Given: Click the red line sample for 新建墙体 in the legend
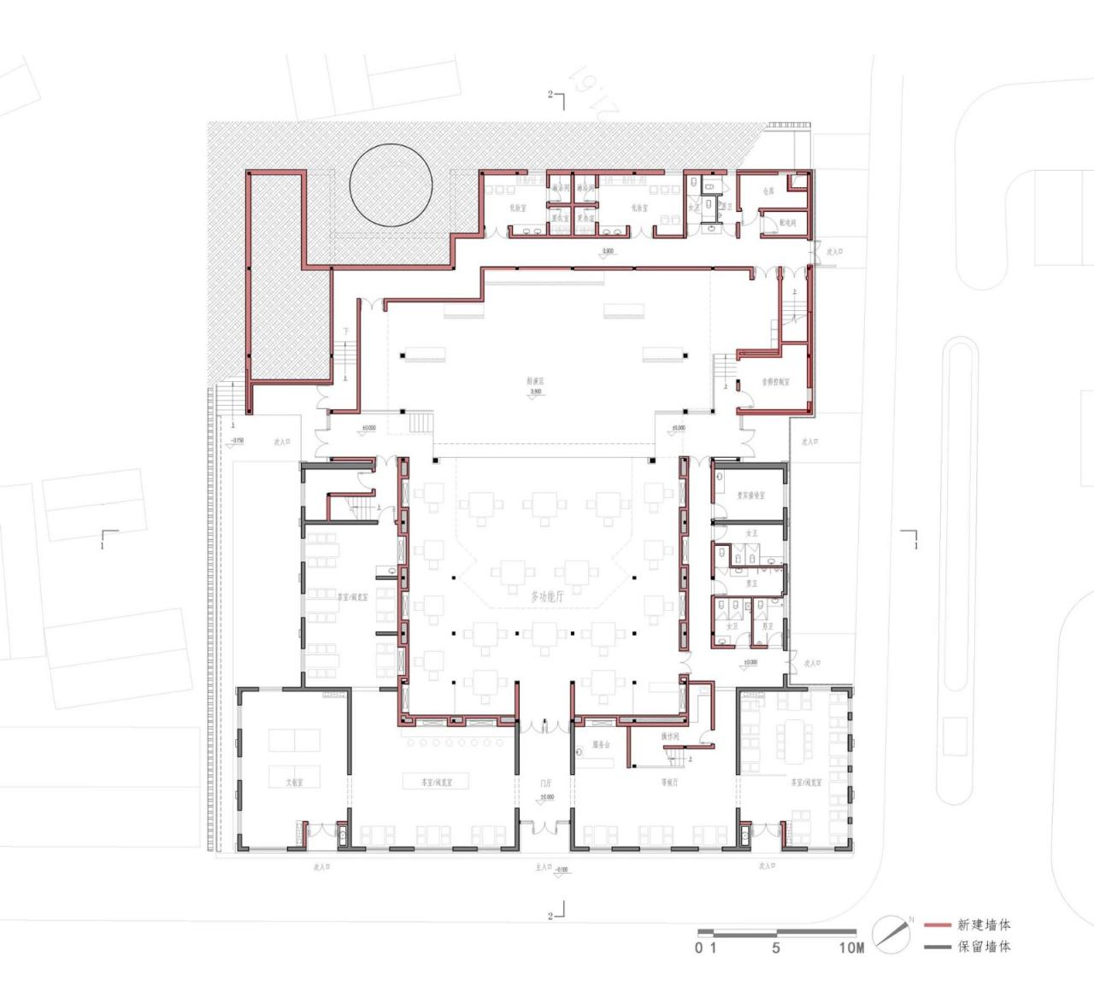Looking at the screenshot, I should tap(938, 925).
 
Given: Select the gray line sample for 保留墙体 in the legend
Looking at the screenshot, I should tap(938, 947).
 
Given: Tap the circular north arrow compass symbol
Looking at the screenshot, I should tap(891, 935).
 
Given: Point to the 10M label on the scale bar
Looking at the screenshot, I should tap(851, 947).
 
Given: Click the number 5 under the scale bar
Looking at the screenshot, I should tap(776, 947).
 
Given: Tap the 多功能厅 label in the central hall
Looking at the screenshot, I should tap(547, 596).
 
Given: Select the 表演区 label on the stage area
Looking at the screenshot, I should tap(536, 382).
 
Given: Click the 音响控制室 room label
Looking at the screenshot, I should tap(775, 382).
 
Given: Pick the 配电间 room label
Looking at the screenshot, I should tap(787, 223).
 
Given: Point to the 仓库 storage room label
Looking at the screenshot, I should tap(768, 191).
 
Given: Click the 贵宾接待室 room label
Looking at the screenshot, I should tap(751, 496).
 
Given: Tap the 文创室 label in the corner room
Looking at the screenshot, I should tap(294, 782).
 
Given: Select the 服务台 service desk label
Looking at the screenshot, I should tap(601, 745).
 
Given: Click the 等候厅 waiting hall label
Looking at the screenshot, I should tap(669, 782).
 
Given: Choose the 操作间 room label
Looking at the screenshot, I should tap(670, 736).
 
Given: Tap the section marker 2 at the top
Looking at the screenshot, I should tap(551, 95).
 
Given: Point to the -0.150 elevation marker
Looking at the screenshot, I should tap(236, 441).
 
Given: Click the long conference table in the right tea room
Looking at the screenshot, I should tap(794, 742).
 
